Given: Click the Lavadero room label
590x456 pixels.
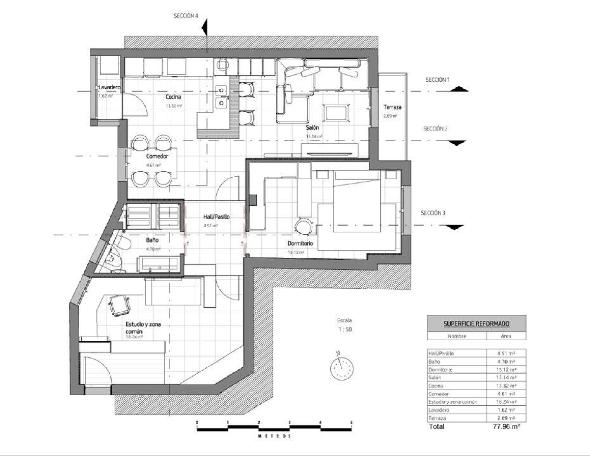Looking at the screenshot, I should tap(109, 87).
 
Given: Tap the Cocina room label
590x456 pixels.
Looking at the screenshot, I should tap(173, 97).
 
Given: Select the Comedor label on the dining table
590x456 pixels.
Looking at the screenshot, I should tap(157, 156).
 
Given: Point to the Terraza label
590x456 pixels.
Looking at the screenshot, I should tap(392, 107).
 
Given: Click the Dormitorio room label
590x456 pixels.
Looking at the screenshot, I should tap(300, 243).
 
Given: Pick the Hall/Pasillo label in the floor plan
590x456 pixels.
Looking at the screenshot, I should tap(216, 217).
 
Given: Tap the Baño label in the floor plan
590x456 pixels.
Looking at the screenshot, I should tap(152, 240).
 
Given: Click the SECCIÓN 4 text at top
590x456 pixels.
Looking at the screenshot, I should tap(186, 16).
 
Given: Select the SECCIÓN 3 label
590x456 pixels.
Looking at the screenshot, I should tap(433, 213).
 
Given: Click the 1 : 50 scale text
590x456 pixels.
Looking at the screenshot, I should tap(345, 329).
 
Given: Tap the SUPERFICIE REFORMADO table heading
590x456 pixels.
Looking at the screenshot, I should tap(476, 324).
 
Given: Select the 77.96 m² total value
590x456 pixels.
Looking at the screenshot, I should tap(506, 426).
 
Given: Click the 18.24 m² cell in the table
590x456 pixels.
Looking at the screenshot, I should tap(506, 402).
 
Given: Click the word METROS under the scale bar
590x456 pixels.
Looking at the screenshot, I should tap(275, 436).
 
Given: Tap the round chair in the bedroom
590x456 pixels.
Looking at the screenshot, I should tap(303, 227).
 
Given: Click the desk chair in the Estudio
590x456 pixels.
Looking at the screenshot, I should tap(119, 305).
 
